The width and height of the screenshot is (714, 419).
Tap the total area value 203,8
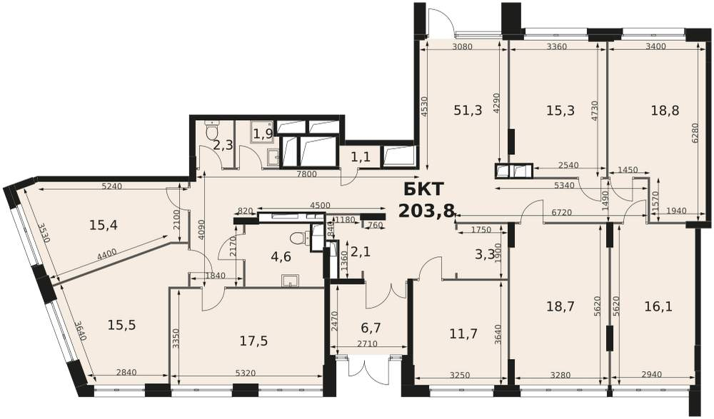427,211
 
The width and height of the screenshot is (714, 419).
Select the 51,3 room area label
468,110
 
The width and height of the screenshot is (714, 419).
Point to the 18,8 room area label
665,110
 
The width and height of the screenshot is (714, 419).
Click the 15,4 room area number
104,225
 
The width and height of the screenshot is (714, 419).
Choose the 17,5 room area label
253,340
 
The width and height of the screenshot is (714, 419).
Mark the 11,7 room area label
463,334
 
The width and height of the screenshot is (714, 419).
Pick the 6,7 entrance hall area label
370,328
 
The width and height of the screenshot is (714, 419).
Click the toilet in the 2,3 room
211,130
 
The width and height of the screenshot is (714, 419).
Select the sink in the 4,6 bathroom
290,280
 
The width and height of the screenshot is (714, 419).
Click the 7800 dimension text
306,174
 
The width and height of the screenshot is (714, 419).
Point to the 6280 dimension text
695,135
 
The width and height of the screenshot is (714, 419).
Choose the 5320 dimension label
246,373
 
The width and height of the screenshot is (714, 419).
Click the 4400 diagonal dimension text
108,253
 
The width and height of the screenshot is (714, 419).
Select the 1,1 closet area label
360,157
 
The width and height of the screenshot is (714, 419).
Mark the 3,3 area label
485,254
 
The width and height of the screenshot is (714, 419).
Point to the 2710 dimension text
367,344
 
